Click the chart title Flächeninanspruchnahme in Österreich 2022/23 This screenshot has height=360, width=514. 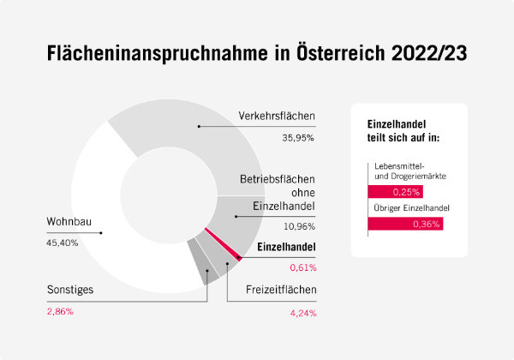point(257,52)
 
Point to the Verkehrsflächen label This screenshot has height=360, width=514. point(278,116)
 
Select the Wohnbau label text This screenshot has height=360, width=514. point(69,223)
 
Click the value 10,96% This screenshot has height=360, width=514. point(299,226)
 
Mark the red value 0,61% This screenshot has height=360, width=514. point(302,267)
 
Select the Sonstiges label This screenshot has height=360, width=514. point(70,290)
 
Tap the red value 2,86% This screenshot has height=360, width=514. point(61,310)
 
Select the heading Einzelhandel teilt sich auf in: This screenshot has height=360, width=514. point(403,130)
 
